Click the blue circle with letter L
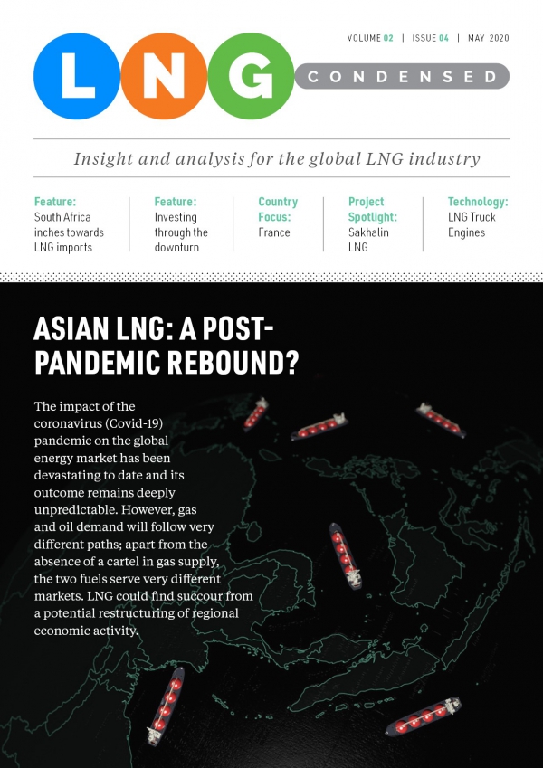coord(78,77)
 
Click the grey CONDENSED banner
coord(403,77)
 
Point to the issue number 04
coord(443,38)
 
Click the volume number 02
coord(387,38)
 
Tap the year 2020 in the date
coord(496,38)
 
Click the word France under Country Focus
coord(274,232)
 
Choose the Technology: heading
coord(477,202)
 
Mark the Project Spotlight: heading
coord(373,209)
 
